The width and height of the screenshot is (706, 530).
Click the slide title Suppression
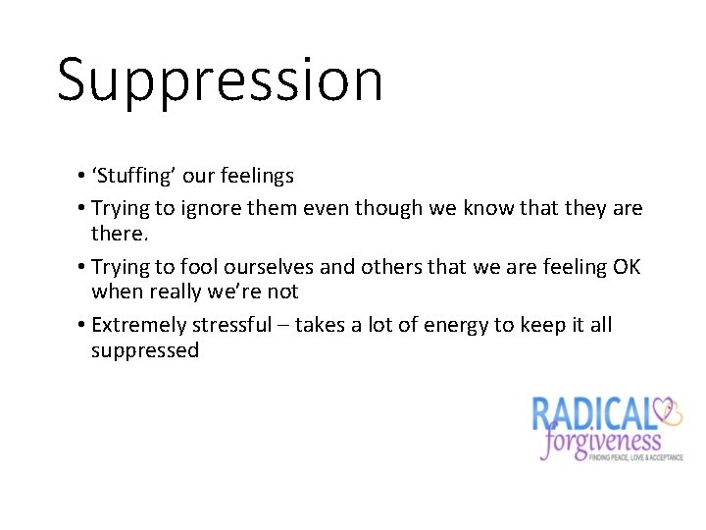tap(220, 79)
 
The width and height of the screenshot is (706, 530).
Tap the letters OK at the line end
tap(625, 267)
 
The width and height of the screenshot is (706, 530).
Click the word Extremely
tap(137, 325)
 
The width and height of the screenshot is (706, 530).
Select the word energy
tap(450, 326)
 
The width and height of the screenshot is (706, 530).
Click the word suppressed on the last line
tap(145, 350)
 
